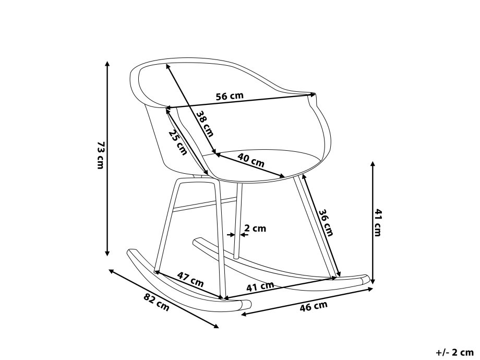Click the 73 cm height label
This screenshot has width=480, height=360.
click(101, 154)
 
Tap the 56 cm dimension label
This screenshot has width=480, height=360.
click(230, 96)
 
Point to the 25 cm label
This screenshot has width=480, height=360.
click(178, 142)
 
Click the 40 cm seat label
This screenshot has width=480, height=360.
click(250, 160)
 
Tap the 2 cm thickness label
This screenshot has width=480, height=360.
click(255, 228)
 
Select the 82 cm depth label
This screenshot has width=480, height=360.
click(156, 302)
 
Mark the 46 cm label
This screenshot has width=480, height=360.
click(314, 306)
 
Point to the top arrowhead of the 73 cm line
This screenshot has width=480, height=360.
click(107, 63)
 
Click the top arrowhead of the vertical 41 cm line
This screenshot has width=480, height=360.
click(373, 164)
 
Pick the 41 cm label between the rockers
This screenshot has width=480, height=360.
click(260, 286)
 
